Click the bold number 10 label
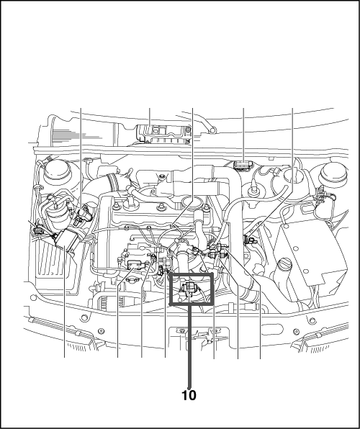point(189,395)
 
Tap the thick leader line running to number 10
point(189,346)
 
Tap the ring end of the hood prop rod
point(212,130)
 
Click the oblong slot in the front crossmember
point(271,329)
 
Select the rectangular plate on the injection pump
point(135,264)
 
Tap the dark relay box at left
point(66,240)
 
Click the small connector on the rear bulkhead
point(243,166)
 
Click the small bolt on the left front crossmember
point(102,331)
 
